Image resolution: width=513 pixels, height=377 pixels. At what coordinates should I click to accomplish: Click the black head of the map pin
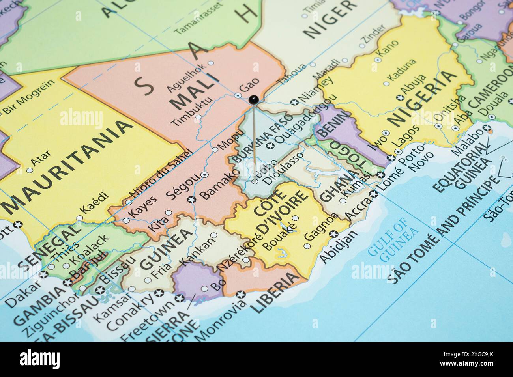click(253, 99)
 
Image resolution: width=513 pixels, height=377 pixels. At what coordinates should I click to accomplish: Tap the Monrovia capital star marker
click(240, 294)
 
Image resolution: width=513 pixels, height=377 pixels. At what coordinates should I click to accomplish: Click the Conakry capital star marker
click(160, 293)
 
